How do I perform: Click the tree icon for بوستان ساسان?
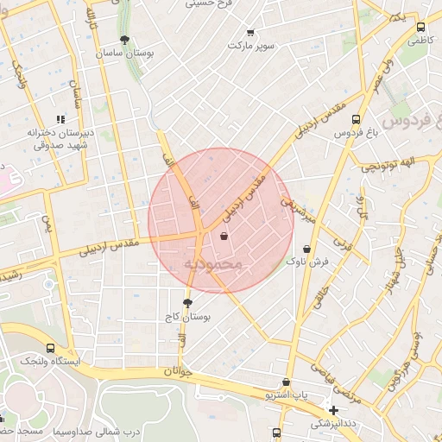(125, 39)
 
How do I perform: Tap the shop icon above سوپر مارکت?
(250, 32)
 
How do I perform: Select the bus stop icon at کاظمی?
(420, 27)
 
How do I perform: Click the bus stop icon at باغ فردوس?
(356, 119)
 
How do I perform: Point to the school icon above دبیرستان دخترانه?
(60, 119)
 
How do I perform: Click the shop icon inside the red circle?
(224, 236)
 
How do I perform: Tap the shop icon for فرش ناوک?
(306, 249)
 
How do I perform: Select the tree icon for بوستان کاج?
(188, 303)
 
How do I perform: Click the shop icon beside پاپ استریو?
(286, 382)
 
